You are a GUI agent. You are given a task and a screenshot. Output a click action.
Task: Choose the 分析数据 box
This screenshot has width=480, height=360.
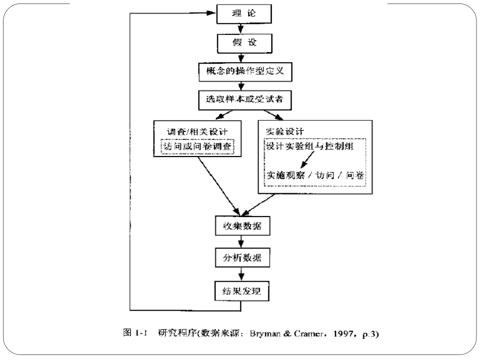click(x=241, y=258)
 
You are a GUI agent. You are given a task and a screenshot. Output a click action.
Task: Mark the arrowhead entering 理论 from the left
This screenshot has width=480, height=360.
click(x=211, y=13)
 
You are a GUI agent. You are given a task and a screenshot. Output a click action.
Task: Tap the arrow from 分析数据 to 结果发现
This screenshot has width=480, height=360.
click(x=241, y=274)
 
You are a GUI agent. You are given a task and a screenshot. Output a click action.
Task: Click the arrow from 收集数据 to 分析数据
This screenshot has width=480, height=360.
click(x=241, y=242)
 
